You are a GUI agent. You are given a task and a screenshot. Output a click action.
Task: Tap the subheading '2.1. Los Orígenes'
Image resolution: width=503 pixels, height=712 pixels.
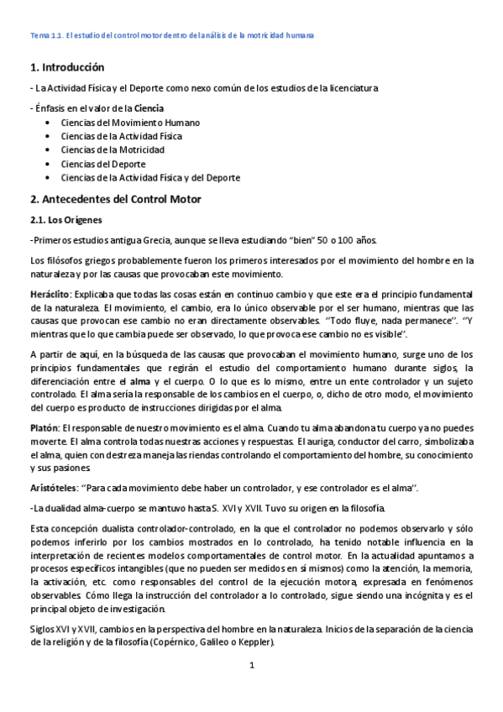pos(65,220)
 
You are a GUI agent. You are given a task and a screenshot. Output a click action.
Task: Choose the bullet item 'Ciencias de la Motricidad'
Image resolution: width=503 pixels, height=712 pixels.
pos(113,149)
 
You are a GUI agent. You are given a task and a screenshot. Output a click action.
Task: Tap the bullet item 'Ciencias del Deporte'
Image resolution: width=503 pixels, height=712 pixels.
pos(103,164)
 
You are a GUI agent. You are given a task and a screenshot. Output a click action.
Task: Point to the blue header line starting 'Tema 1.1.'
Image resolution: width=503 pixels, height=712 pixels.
pos(172,35)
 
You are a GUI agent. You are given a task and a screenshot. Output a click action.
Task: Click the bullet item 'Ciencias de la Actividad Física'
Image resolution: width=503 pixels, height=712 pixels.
pos(121,135)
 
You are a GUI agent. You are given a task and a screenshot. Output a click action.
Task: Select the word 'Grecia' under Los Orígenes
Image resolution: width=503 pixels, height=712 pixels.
pos(128,240)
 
